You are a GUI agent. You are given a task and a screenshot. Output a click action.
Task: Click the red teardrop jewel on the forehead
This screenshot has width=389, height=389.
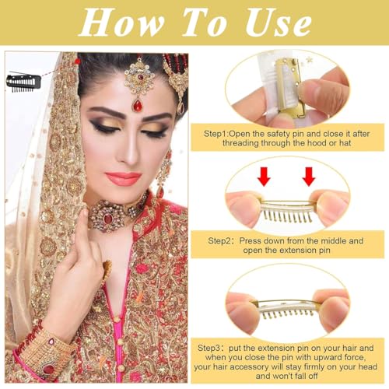pos(138,102)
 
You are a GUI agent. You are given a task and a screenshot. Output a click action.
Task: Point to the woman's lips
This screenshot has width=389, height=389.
pos(124,178)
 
